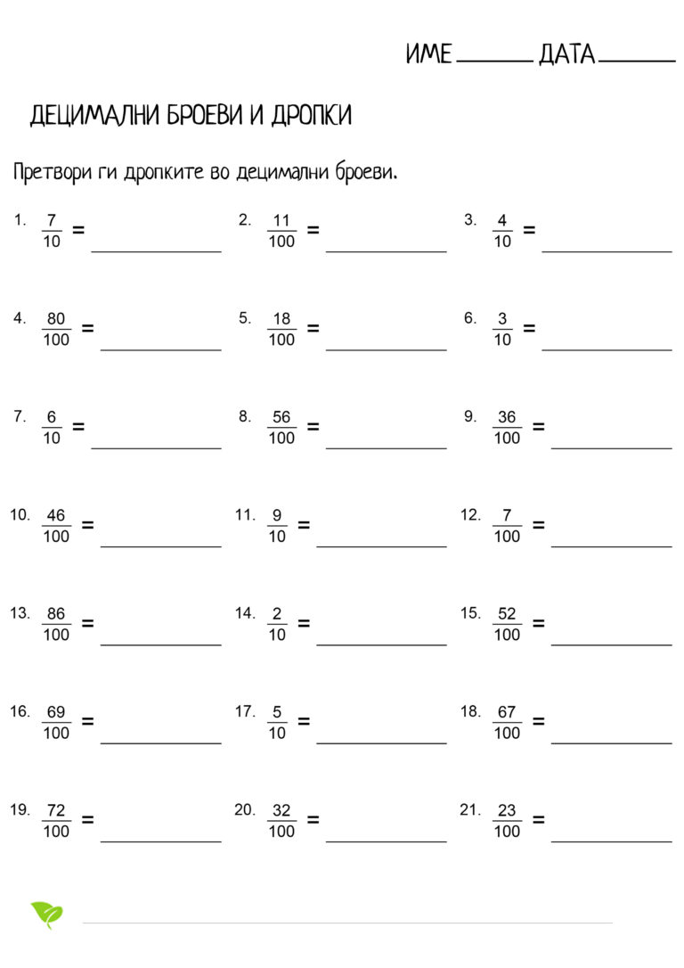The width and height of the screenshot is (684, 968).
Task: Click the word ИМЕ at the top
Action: (x=429, y=54)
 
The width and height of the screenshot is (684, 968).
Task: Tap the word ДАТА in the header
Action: (x=566, y=54)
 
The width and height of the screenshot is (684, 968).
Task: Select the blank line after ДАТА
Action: (x=637, y=62)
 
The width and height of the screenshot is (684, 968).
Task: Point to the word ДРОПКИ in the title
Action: (x=311, y=115)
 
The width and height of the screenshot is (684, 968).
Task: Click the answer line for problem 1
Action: (x=156, y=250)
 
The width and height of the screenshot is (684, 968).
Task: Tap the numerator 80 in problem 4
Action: (x=56, y=319)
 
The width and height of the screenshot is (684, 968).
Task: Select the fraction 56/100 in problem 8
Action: (x=281, y=428)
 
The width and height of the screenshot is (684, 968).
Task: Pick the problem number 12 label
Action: (x=470, y=515)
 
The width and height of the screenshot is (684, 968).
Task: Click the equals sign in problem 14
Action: (x=304, y=623)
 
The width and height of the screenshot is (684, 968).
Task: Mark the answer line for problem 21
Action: (x=611, y=840)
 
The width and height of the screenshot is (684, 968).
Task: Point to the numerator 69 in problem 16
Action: (x=56, y=712)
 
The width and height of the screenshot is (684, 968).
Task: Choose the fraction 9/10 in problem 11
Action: (x=277, y=526)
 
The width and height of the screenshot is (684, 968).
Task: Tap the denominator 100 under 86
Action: (x=56, y=635)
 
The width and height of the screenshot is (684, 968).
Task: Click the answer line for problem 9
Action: (x=611, y=447)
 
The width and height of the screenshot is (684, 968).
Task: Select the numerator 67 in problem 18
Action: (x=507, y=712)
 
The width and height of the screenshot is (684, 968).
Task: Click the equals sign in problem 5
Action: (x=313, y=328)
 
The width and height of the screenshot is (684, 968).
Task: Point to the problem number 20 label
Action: (x=244, y=809)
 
